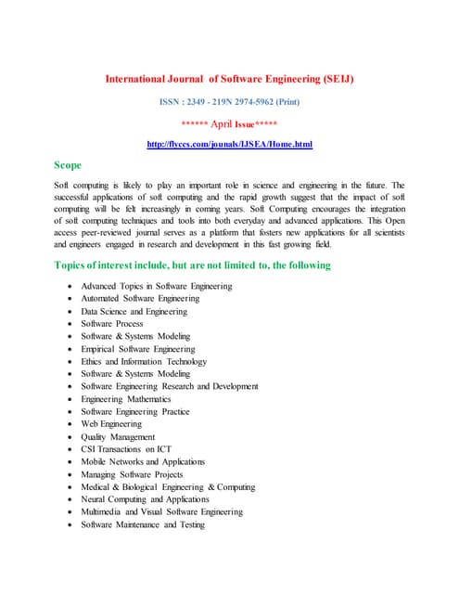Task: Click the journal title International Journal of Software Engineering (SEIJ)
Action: [229, 79]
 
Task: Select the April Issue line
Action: [229, 123]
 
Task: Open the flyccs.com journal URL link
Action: [229, 144]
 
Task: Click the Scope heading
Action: [68, 165]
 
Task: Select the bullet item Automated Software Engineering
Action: [140, 299]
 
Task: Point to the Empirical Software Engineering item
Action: [137, 349]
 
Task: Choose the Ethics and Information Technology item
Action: [144, 362]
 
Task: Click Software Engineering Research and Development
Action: [170, 386]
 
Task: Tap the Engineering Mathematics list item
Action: [126, 399]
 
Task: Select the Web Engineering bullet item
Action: [111, 424]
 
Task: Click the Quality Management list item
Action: [118, 436]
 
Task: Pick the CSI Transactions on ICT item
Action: [126, 449]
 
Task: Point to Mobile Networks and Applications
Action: [143, 461]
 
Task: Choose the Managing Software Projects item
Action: [131, 474]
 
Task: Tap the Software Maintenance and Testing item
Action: [143, 524]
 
